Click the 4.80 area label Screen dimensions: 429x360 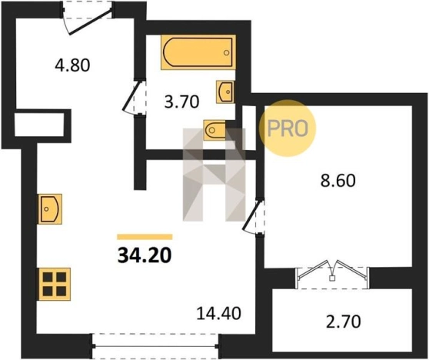click(72, 65)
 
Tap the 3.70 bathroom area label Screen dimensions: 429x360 click(181, 102)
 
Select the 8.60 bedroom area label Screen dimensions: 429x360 click(338, 181)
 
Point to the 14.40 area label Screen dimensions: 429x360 click(219, 313)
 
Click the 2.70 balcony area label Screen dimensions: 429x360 click(344, 322)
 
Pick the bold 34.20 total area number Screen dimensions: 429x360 click(145, 255)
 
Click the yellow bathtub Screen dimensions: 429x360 click(198, 52)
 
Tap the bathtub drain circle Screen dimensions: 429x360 click(226, 53)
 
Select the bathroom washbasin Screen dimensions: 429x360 click(225, 92)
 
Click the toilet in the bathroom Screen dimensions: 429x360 click(214, 129)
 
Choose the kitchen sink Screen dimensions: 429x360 click(50, 209)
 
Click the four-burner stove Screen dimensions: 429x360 click(55, 284)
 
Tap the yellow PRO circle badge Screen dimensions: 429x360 click(288, 128)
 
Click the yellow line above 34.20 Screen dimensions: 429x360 click(145, 237)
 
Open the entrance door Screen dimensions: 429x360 click(88, 22)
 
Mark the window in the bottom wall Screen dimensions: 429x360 click(155, 346)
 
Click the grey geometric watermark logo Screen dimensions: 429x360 click(214, 175)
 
